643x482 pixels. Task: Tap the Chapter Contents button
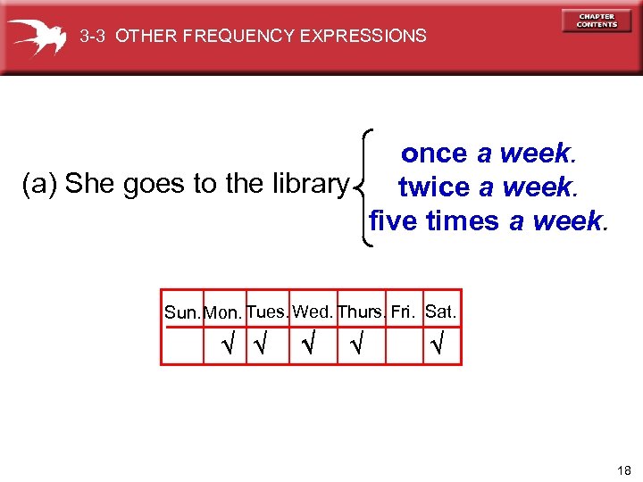[x=596, y=21]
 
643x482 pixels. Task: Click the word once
[x=434, y=154]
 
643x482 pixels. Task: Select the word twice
[x=434, y=187]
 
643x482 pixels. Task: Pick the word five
[x=394, y=220]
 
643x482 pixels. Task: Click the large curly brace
[x=364, y=187]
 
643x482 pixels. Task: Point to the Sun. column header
[x=183, y=313]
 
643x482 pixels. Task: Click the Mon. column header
[x=222, y=313]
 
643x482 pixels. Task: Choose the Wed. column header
[x=313, y=312]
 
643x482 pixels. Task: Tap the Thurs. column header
[x=362, y=312]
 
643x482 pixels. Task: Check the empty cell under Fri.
[x=404, y=345]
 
